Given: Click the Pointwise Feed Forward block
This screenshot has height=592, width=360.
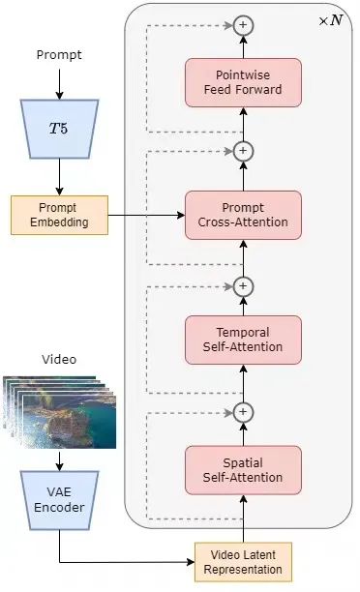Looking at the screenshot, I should coord(243,82).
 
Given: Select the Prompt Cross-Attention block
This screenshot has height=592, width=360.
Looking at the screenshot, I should coord(243,216).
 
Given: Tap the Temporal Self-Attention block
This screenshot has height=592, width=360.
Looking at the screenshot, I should coord(243,340).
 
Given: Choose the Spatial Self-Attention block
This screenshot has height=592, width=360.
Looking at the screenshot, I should coord(243,469).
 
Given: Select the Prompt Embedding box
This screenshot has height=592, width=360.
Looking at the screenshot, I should coord(59,216).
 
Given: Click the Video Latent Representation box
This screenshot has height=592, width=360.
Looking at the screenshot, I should coord(243,562).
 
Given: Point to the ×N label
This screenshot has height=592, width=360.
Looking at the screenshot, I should coord(330,19).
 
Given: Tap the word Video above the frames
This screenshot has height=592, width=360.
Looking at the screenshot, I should coord(59,360).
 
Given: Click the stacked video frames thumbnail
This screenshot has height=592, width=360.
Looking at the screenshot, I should coord(60,411).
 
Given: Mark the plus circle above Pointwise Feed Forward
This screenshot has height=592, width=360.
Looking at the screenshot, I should coord(243,24).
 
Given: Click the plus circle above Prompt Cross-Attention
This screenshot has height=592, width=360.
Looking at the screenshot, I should coord(243,151).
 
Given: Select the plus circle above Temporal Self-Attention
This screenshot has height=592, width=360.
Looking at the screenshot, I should coord(243,285).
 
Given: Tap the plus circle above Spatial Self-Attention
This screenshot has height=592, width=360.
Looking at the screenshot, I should coord(243,412).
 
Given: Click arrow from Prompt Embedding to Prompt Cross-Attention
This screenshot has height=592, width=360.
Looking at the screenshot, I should coord(145,216).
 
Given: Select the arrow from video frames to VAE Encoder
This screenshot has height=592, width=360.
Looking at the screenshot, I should coord(59,459).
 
